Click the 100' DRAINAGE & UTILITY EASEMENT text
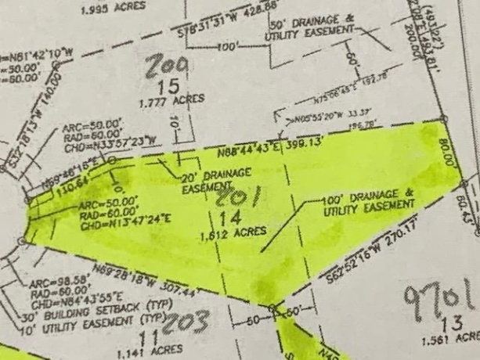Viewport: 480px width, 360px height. click(367, 198)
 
